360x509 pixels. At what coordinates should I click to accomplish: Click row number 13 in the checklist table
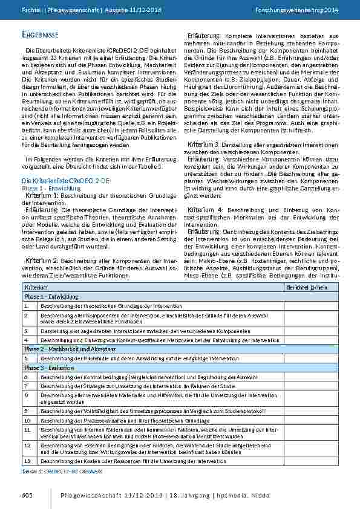(27, 461)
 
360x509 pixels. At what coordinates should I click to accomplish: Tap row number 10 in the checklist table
(27, 419)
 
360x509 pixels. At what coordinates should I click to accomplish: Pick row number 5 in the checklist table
(26, 358)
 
